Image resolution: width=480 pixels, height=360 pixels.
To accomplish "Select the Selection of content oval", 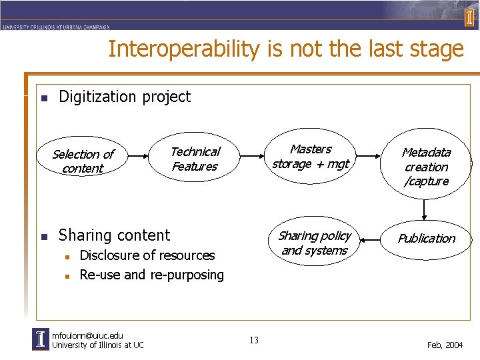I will [x=83, y=161].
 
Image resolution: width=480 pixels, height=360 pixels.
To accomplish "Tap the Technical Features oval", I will [x=195, y=159].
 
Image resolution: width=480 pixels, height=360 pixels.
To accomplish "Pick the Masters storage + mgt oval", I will [x=311, y=157].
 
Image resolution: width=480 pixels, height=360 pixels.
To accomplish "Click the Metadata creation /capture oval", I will [x=426, y=167].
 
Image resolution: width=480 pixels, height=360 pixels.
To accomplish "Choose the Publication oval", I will [x=426, y=239].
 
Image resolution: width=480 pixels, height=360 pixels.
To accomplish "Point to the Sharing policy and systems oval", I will [x=314, y=243].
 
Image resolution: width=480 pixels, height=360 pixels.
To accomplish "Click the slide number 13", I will [x=253, y=341].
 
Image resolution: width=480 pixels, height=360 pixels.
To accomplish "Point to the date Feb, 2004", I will [x=445, y=345].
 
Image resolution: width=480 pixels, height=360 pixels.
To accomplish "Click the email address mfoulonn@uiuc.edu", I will [x=87, y=335].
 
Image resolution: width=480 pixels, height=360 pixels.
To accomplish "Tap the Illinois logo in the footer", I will [x=41, y=339].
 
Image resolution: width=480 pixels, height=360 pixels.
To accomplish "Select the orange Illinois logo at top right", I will [x=469, y=16].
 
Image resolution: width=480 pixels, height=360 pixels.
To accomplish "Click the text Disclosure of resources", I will [x=147, y=255].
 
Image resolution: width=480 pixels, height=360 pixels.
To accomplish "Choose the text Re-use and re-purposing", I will [x=151, y=275].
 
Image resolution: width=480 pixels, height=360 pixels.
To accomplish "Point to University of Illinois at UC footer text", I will [x=97, y=345].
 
